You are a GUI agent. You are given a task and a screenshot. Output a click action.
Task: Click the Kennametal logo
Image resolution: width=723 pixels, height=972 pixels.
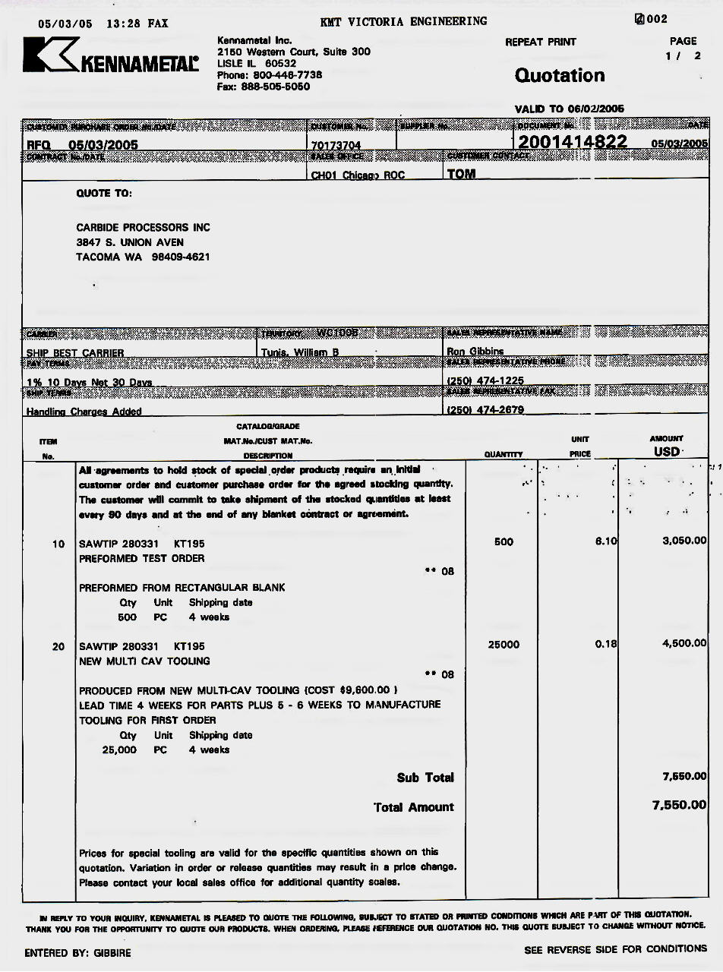(x=111, y=56)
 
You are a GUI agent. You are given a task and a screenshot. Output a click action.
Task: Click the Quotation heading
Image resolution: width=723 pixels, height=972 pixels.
(x=560, y=75)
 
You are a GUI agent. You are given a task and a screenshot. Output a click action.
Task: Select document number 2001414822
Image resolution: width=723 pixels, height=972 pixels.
(x=573, y=142)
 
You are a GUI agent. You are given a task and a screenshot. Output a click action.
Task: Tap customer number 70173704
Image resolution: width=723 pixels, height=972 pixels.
(x=336, y=145)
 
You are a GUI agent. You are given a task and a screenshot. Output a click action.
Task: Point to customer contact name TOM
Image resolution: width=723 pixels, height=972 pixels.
(x=462, y=174)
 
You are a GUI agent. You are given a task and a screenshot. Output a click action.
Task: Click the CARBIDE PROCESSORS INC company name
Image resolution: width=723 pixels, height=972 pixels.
(x=143, y=228)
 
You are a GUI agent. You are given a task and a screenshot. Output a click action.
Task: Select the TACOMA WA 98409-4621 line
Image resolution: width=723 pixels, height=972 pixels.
(x=143, y=257)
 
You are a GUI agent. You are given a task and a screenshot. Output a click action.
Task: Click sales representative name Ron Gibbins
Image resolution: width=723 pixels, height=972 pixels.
(x=475, y=352)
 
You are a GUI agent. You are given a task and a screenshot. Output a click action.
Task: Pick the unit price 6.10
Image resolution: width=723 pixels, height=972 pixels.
(x=606, y=541)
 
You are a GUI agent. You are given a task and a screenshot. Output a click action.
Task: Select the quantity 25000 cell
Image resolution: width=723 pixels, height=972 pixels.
(x=504, y=645)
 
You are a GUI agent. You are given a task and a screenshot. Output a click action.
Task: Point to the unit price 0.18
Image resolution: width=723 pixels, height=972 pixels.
(x=605, y=645)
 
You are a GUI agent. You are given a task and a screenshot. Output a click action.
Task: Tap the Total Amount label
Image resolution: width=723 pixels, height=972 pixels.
(x=414, y=807)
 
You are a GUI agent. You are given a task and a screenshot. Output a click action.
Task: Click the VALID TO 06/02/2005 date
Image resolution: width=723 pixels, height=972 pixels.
(x=570, y=109)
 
